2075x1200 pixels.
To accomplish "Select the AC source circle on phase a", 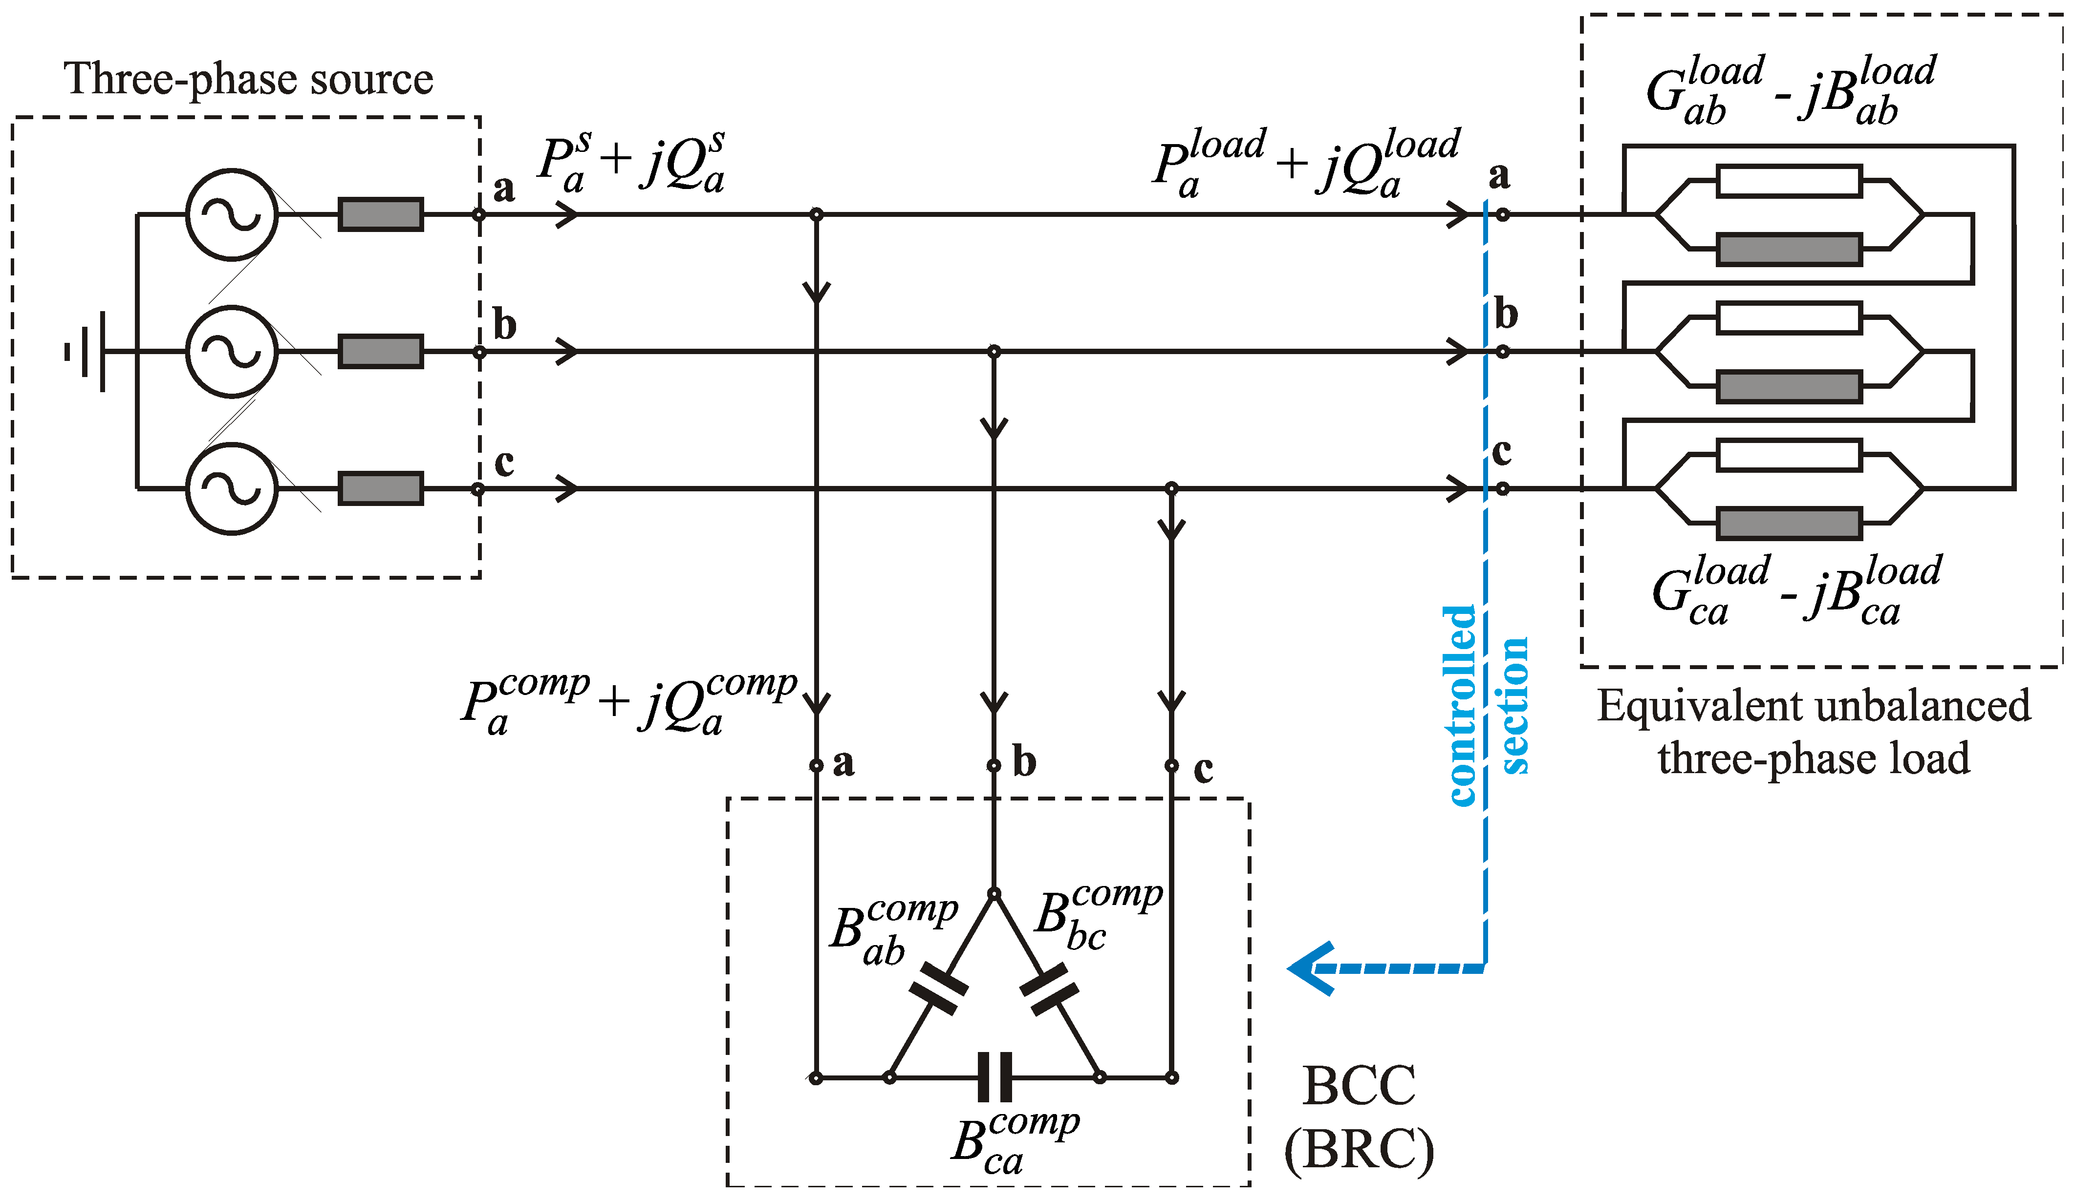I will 231,215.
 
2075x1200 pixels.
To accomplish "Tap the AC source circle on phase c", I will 231,489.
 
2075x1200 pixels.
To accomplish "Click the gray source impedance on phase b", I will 380,352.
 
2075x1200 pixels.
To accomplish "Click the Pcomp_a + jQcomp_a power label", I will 630,704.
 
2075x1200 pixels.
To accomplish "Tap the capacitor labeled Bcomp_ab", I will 939,988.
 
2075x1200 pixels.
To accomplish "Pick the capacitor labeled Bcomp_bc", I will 1049,988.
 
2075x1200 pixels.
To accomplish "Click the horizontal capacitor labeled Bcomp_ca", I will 994,1076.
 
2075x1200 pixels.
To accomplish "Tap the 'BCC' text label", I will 1359,1086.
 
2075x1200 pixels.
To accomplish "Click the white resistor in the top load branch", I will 1789,182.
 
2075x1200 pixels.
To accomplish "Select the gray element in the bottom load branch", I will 1789,524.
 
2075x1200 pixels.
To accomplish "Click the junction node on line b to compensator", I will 994,352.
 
